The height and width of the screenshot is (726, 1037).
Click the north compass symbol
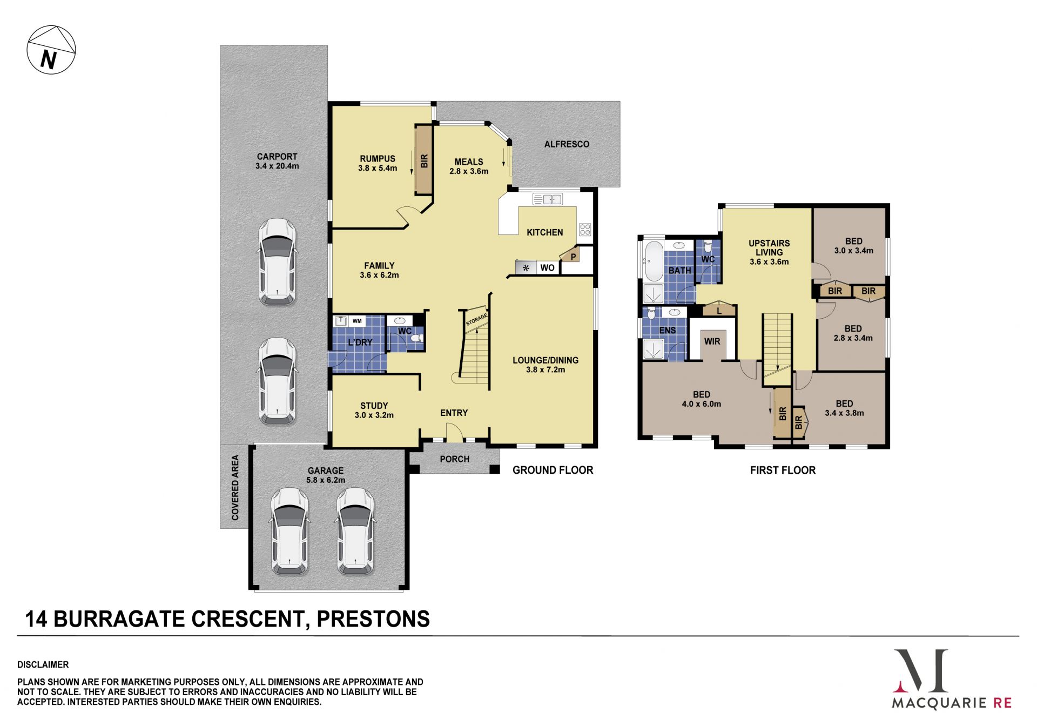point(51,49)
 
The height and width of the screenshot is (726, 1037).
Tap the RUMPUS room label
point(378,158)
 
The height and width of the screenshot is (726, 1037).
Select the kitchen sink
point(548,199)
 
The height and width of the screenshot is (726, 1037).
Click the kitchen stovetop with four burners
point(585,229)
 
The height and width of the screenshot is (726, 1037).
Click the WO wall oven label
point(547,268)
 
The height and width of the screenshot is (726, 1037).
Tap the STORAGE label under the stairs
point(477,319)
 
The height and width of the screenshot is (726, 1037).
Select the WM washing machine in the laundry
point(357,321)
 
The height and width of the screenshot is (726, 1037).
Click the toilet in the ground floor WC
point(416,339)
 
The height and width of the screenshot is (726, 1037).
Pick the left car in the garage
point(290,530)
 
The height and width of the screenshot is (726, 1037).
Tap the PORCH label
point(455,459)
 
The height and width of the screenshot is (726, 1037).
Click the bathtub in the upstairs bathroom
point(654,261)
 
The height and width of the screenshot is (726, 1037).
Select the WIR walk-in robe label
point(712,341)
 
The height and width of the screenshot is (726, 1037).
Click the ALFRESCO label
point(567,144)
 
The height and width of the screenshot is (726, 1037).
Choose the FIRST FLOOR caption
point(783,470)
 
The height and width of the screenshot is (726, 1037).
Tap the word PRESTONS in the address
point(373,619)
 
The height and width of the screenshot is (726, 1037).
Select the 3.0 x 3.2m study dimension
point(374,415)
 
